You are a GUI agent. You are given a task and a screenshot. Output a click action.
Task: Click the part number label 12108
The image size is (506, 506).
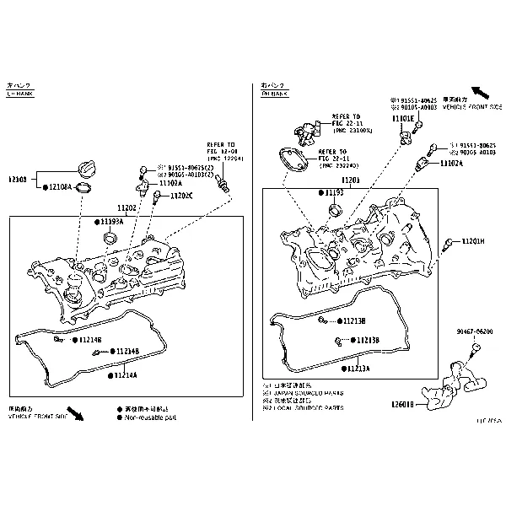click(19, 180)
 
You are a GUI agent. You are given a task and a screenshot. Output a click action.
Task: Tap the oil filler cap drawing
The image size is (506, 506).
click(88, 167)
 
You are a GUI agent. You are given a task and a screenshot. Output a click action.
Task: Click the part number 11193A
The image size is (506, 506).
click(112, 222)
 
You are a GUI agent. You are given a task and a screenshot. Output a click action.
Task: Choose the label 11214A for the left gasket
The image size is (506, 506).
click(125, 374)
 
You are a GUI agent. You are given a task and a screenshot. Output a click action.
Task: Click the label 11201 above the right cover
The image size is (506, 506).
click(351, 180)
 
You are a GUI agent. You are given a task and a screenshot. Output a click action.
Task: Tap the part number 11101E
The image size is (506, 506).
click(403, 119)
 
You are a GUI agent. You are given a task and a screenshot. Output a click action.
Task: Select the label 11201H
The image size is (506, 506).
click(472, 241)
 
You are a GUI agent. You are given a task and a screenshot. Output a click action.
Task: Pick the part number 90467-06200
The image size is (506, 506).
click(476, 332)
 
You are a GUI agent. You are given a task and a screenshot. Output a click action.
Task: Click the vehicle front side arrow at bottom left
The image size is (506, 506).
click(76, 412)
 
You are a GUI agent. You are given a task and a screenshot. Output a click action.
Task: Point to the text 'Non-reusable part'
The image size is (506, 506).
click(150, 417)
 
